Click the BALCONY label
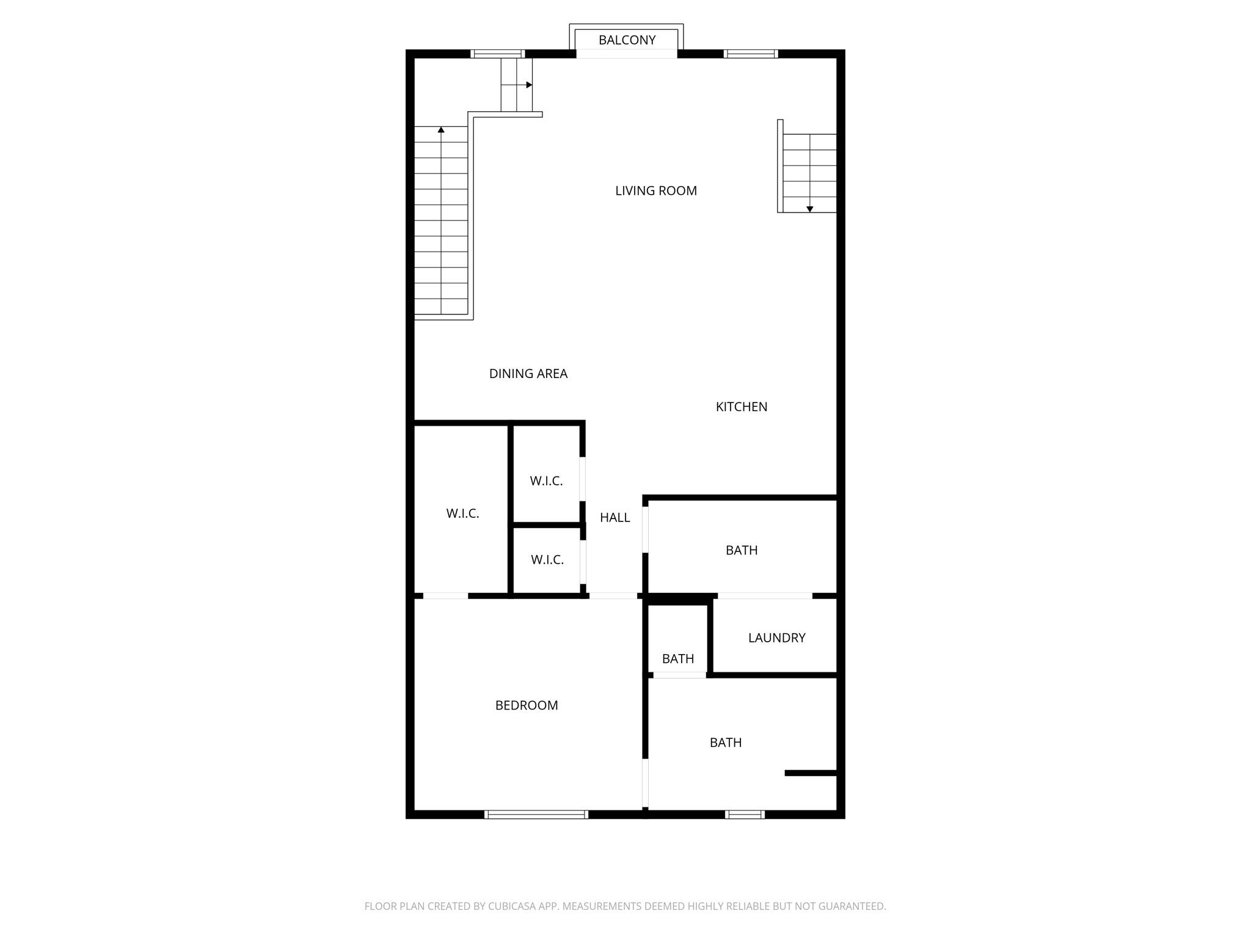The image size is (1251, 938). click(627, 40)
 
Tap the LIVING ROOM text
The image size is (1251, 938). click(655, 191)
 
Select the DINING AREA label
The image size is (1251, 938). click(528, 374)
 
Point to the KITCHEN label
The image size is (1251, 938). click(741, 407)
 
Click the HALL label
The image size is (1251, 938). click(615, 518)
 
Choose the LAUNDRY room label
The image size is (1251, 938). click(776, 638)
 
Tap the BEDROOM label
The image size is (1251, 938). click(526, 705)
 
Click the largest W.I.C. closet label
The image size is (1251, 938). click(462, 514)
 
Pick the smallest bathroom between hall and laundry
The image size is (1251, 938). click(677, 659)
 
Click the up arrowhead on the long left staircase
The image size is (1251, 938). click(441, 129)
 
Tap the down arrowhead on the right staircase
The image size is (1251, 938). click(809, 209)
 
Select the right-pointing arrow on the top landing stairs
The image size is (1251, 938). click(529, 85)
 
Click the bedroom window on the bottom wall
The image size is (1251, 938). click(536, 814)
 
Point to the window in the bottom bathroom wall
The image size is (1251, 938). click(745, 814)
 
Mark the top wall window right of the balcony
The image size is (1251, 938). click(751, 54)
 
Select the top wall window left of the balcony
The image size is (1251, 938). click(498, 54)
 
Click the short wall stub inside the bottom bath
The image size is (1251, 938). click(810, 773)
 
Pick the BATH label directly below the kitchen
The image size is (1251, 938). click(741, 550)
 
